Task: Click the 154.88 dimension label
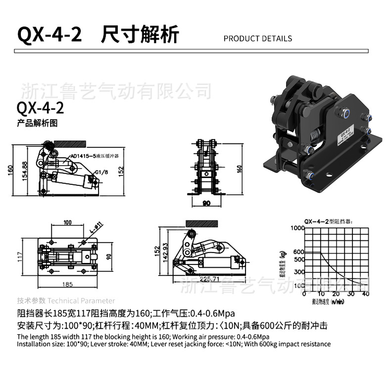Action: point(24,171)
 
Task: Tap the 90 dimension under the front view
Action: point(206,203)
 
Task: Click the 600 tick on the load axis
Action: point(298,252)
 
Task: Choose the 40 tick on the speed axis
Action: point(365,294)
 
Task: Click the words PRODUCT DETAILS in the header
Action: point(257,39)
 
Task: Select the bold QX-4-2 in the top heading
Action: point(49,36)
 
